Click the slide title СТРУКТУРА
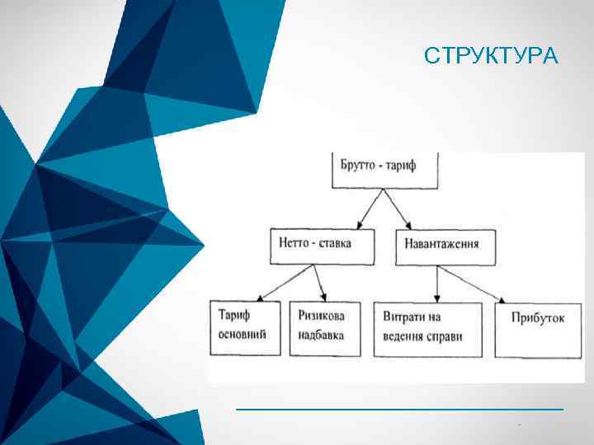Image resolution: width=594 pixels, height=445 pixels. click(492, 56)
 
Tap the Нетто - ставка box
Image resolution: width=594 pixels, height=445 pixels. click(322, 246)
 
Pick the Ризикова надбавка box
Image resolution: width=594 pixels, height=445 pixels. click(324, 327)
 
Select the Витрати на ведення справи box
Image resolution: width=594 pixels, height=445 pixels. click(427, 327)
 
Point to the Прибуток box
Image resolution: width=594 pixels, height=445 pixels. click(537, 327)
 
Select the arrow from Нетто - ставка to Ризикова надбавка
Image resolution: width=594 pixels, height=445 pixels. click(321, 283)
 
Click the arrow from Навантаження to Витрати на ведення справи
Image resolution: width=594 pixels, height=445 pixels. click(437, 283)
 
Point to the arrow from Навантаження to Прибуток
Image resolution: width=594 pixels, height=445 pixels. click(474, 283)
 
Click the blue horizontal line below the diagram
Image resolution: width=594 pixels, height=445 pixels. click(399, 409)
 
